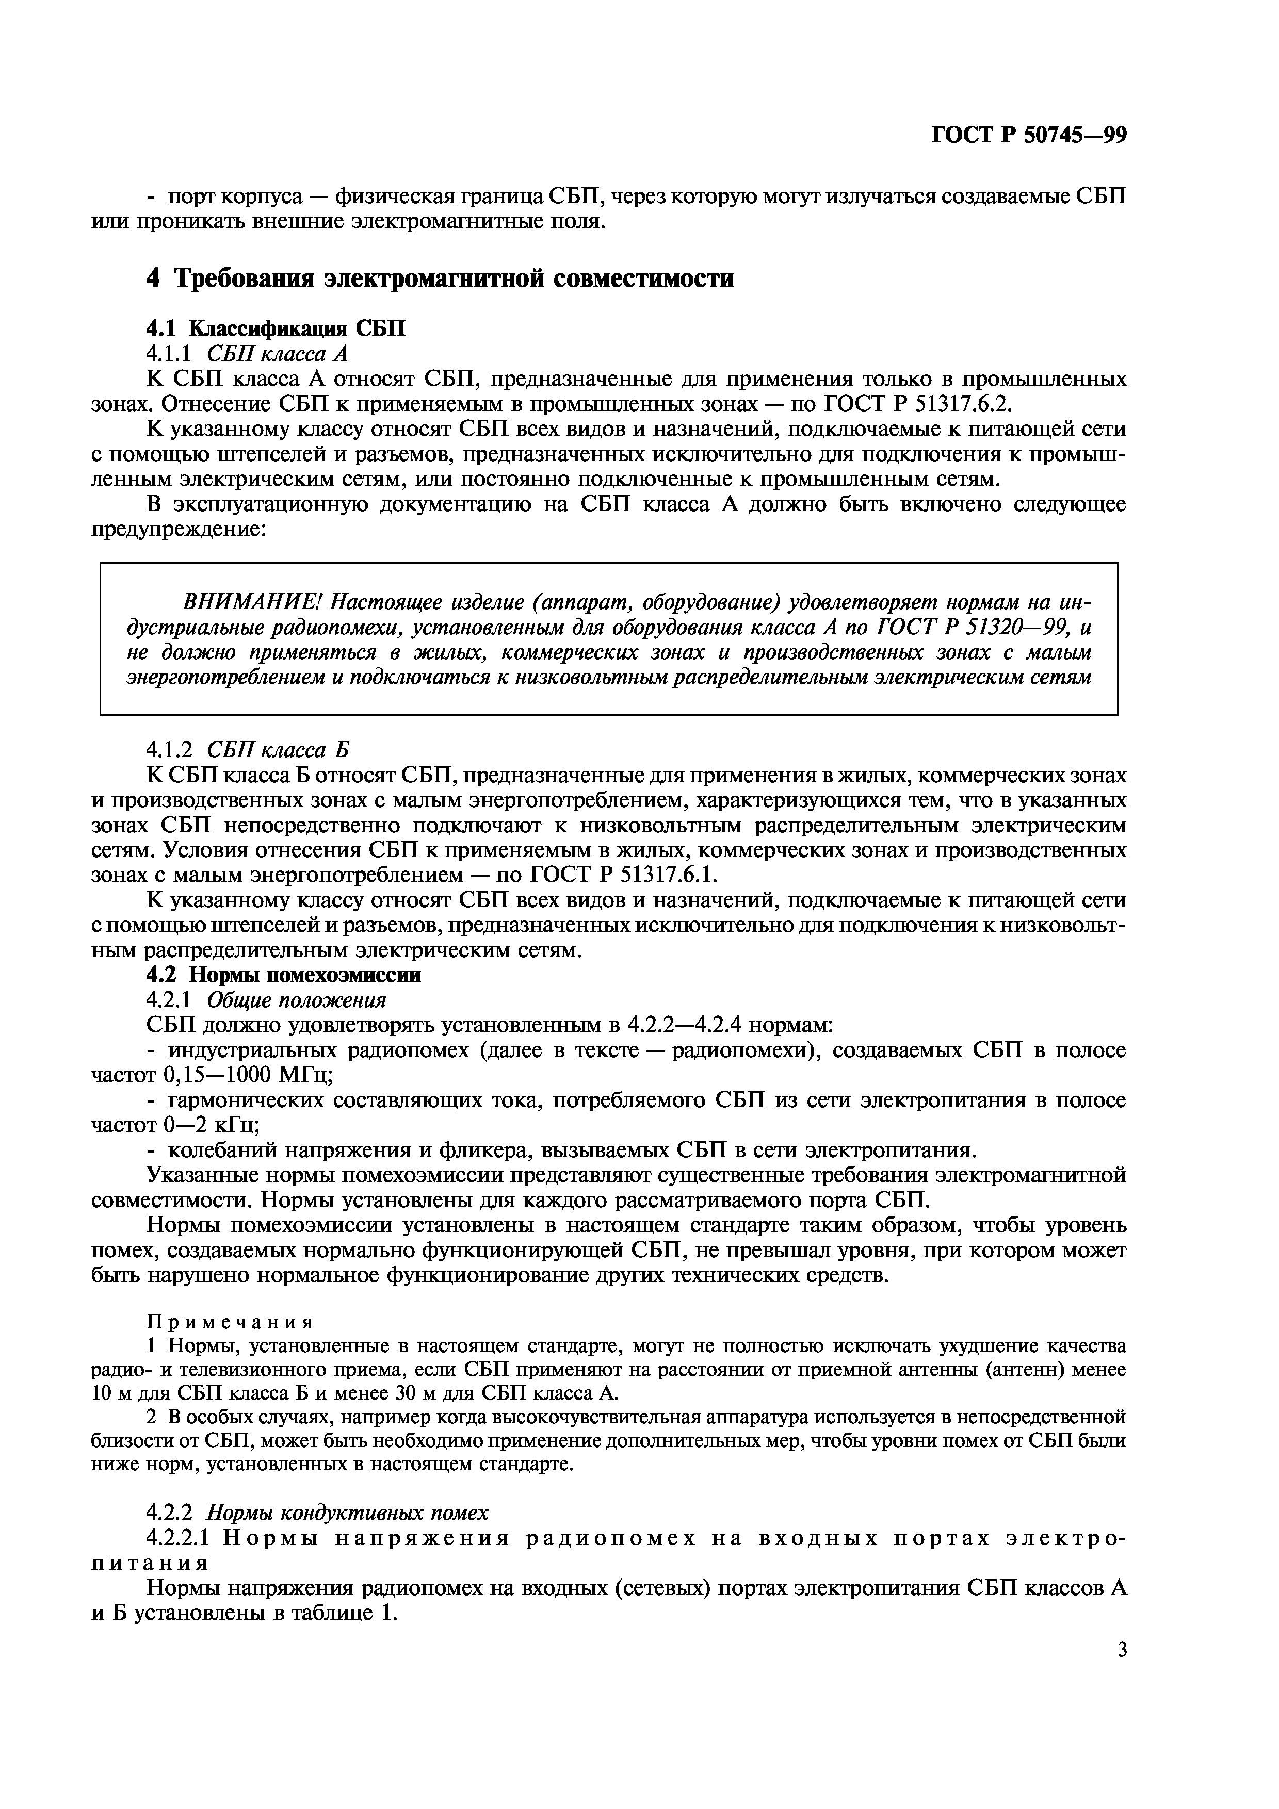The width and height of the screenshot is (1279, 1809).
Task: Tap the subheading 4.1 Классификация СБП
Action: click(276, 328)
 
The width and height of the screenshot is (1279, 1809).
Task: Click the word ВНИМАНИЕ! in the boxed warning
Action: click(252, 603)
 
